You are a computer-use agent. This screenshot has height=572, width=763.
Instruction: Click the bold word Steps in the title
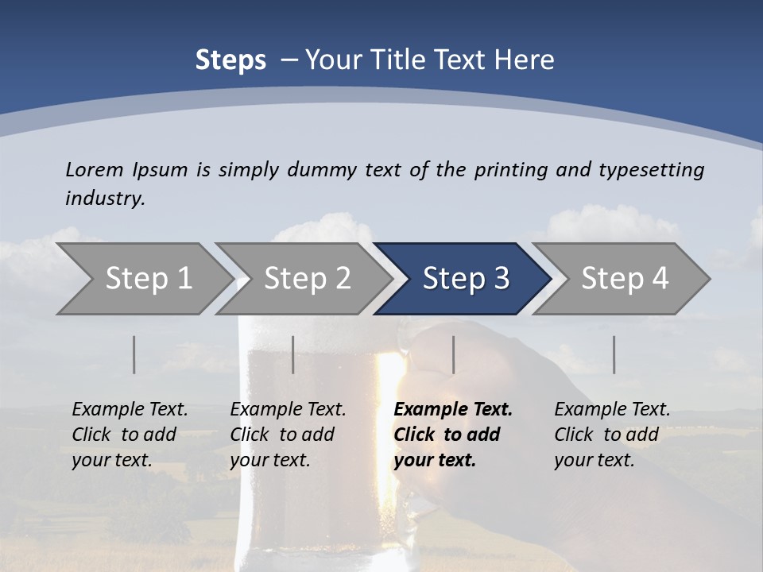[230, 60]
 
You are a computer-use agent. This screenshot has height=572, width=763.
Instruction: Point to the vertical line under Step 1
[134, 354]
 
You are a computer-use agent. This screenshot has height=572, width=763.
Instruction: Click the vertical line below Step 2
[293, 354]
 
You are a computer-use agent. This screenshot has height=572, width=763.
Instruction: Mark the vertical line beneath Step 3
[454, 354]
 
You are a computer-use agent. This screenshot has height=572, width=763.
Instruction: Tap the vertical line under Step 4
[614, 354]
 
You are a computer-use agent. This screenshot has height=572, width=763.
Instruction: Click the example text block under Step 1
[130, 435]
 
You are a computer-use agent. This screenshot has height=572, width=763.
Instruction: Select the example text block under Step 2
[288, 435]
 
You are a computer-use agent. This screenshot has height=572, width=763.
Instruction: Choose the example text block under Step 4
[612, 435]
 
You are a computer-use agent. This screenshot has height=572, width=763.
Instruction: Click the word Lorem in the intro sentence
[95, 169]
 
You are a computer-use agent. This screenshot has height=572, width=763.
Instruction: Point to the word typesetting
[651, 169]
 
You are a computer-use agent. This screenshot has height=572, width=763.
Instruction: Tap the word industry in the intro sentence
[105, 198]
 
